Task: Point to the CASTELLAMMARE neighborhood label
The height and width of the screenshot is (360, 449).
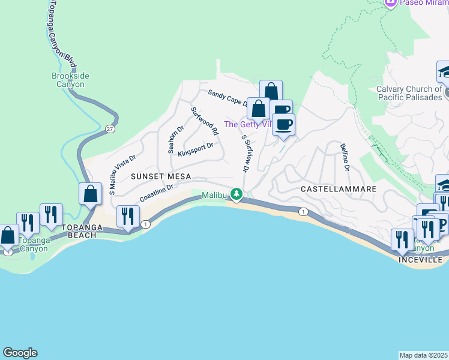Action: (x=338, y=188)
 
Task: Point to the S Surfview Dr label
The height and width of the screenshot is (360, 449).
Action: (x=245, y=153)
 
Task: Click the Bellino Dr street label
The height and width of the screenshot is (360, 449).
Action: (x=344, y=157)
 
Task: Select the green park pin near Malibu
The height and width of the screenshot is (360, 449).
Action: (x=237, y=194)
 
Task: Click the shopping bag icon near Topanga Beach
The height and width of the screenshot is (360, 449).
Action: (x=90, y=194)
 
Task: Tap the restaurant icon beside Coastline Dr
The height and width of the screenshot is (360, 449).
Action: (x=128, y=217)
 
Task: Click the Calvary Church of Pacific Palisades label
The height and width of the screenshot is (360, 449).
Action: (x=409, y=93)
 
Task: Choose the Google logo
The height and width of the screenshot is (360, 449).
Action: (x=20, y=353)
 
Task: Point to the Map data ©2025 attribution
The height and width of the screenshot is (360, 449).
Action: (x=423, y=355)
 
